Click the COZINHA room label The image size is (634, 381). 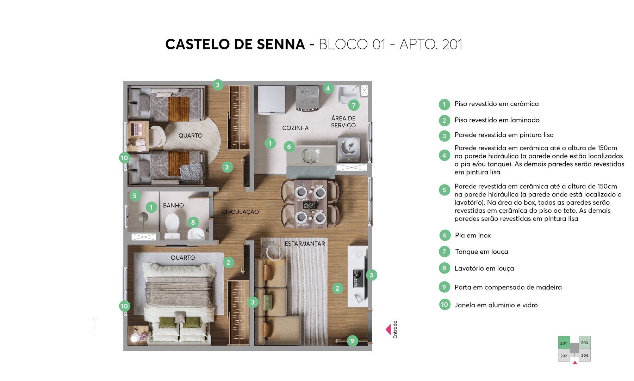(x=295, y=128)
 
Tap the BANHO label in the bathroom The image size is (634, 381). (x=173, y=205)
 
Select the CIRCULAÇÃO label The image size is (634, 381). (x=240, y=212)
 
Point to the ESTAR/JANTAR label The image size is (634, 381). (x=305, y=243)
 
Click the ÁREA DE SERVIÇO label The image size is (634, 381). (x=343, y=122)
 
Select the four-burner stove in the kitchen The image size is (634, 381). (x=307, y=98)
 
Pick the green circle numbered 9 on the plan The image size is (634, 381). (x=352, y=341)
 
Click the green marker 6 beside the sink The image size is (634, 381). (x=289, y=147)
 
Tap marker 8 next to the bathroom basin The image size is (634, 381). (x=193, y=222)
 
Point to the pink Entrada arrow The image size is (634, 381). (x=388, y=329)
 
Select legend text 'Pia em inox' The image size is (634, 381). (x=473, y=235)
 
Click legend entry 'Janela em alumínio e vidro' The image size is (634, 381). (x=496, y=305)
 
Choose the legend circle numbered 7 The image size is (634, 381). (x=444, y=252)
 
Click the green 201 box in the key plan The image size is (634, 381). (x=564, y=343)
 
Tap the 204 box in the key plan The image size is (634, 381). (x=585, y=355)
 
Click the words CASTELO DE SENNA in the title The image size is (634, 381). (x=235, y=44)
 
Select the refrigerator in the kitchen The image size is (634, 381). (x=271, y=99)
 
